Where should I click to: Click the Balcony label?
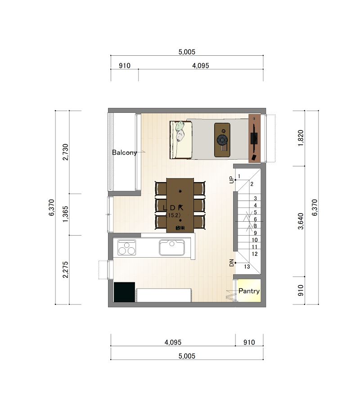(124, 152)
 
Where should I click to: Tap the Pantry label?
(249, 291)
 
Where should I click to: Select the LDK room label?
(173, 208)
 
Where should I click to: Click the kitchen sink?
(172, 247)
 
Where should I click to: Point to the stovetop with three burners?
(126, 247)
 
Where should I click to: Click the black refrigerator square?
(124, 292)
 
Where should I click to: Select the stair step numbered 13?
(247, 267)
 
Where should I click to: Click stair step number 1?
(239, 176)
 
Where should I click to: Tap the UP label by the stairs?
(232, 180)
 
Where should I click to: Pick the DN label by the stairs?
(232, 263)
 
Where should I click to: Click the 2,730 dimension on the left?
(65, 152)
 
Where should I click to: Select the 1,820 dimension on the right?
(301, 138)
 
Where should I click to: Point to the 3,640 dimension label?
(301, 221)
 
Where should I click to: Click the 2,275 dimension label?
(65, 270)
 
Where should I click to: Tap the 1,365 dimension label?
(65, 214)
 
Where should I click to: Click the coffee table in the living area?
(222, 140)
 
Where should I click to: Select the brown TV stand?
(254, 138)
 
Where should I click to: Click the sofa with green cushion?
(180, 140)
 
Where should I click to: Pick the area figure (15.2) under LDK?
(173, 215)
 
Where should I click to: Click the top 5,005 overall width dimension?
(187, 52)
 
